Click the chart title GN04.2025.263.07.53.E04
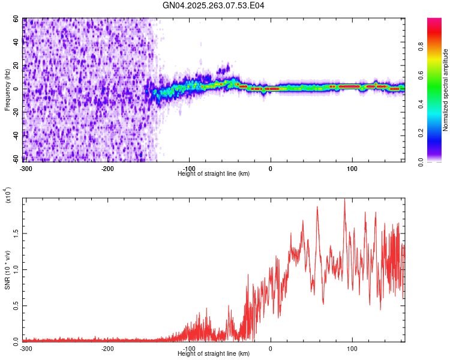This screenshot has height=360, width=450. [x=214, y=5]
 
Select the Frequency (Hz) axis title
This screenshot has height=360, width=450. [x=7, y=90]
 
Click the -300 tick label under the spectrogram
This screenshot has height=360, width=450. [x=25, y=169]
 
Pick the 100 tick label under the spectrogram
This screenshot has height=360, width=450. [x=352, y=169]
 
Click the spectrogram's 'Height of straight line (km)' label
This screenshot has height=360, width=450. [x=214, y=173]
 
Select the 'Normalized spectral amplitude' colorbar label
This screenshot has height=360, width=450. [x=446, y=90]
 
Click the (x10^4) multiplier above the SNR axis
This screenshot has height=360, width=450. [x=8, y=195]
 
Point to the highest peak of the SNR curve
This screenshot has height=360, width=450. [x=344, y=199]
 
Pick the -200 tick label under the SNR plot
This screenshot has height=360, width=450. [x=107, y=349]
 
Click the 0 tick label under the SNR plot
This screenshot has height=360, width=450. [x=271, y=349]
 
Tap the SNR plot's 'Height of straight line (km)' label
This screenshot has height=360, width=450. [x=214, y=353]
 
